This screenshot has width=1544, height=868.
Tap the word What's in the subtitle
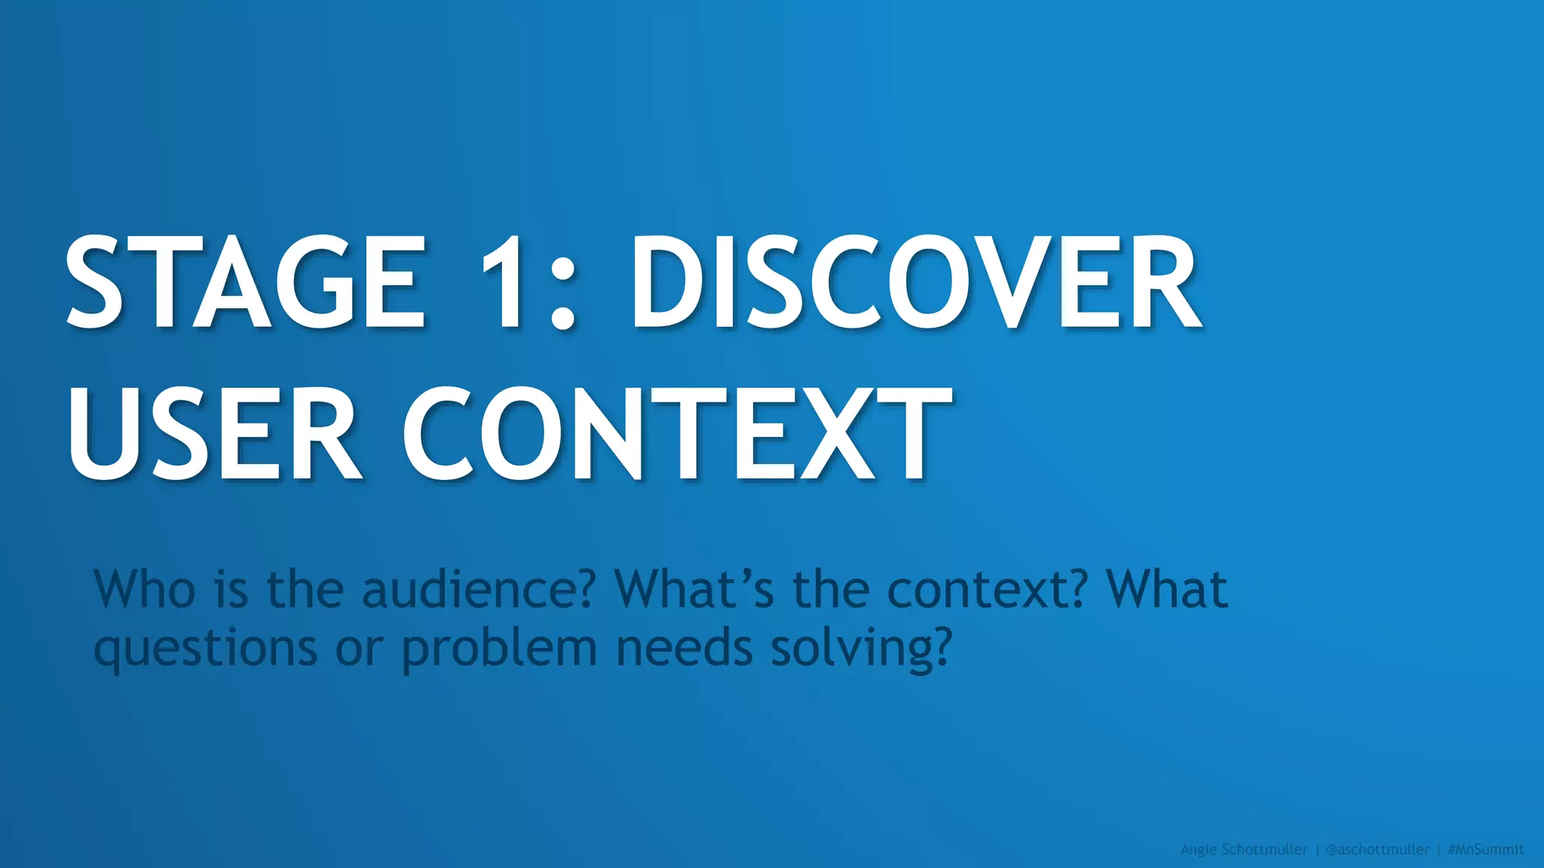click(x=694, y=589)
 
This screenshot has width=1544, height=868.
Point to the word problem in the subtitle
click(x=499, y=649)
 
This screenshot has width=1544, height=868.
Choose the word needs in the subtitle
click(x=685, y=649)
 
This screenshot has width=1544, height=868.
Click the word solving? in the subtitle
click(x=862, y=649)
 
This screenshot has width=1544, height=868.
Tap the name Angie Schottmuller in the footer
click(x=1244, y=850)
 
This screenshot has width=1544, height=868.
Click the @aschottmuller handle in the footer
click(x=1377, y=850)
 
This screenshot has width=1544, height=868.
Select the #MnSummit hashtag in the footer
click(x=1486, y=850)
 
